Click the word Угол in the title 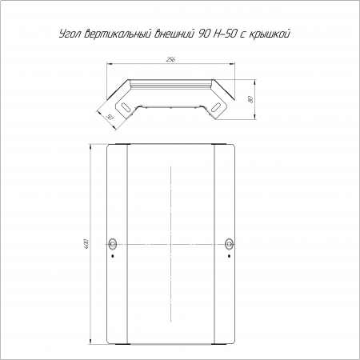pos(70,34)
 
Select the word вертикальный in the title pos(118,34)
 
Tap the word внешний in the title pos(174,34)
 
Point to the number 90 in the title pos(205,34)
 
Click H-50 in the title pos(226,34)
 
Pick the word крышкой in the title pos(270,34)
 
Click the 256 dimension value pos(170,59)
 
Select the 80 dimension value pos(250,99)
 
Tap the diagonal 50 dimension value pos(110,117)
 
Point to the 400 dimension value pos(86,244)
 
